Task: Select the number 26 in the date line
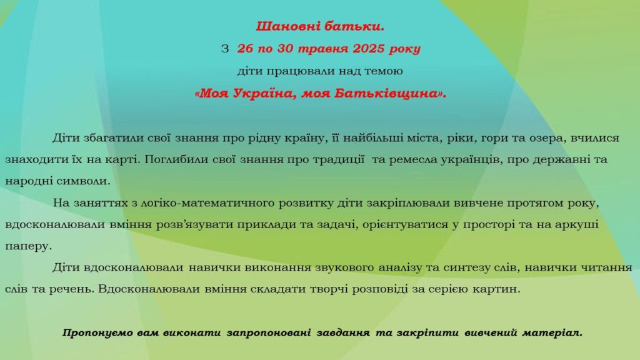[x=245, y=49]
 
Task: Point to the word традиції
[x=338, y=159]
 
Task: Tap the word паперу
[x=29, y=246]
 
